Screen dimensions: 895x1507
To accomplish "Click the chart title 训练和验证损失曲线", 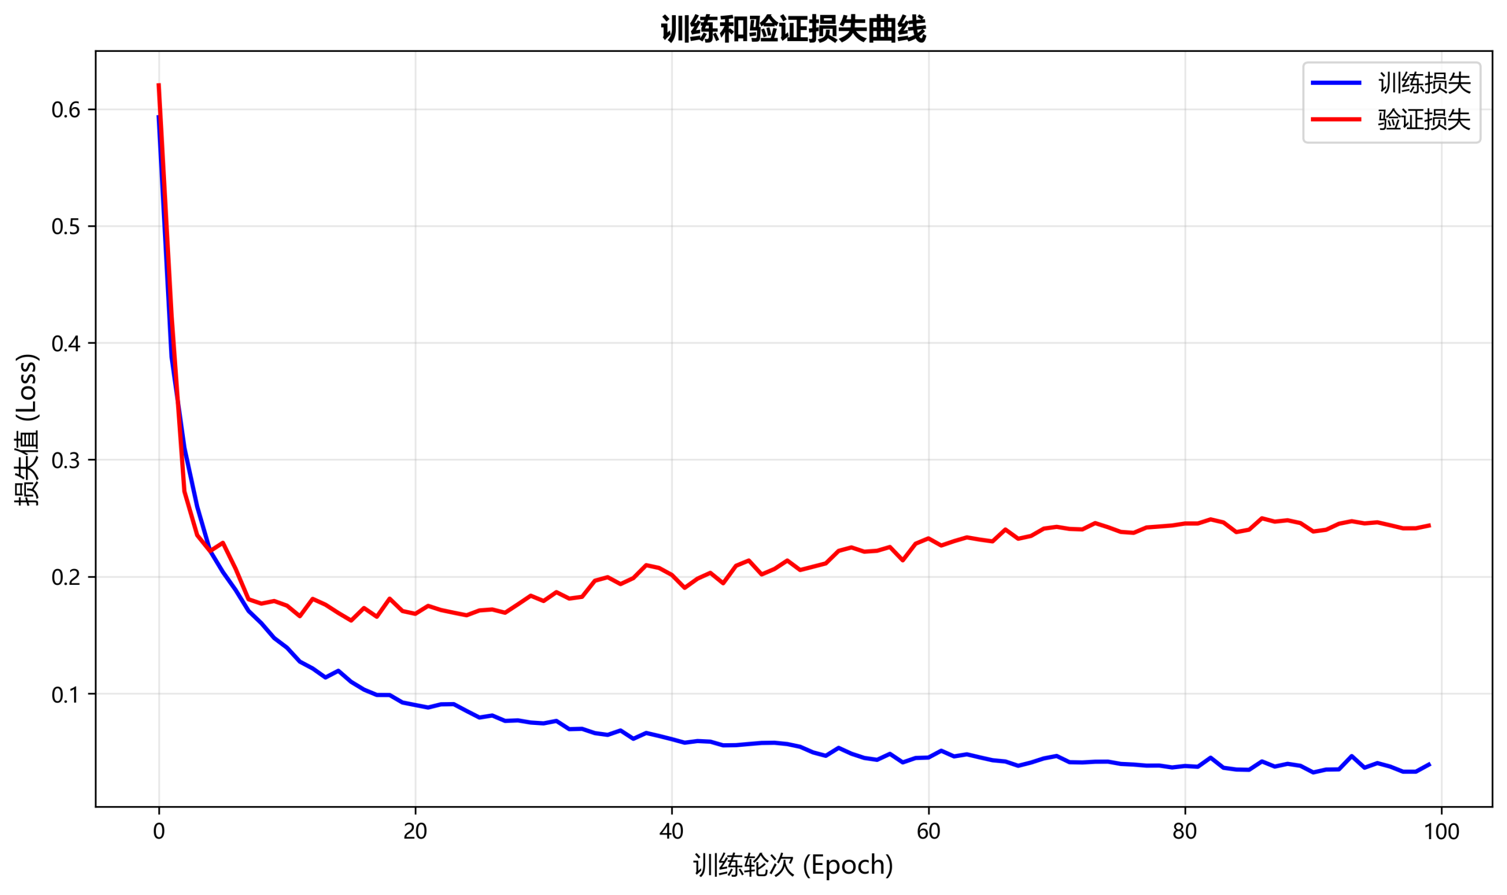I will pyautogui.click(x=793, y=28).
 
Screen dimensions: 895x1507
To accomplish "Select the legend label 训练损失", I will pyautogui.click(x=1424, y=83).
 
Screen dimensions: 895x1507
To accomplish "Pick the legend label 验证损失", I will pyautogui.click(x=1424, y=119).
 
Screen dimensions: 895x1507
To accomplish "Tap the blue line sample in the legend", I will pyautogui.click(x=1336, y=83).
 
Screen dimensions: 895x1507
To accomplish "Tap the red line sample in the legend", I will pyautogui.click(x=1336, y=119).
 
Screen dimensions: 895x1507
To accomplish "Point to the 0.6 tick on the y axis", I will pyautogui.click(x=66, y=110).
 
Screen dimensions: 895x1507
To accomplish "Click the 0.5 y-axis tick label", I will pyautogui.click(x=66, y=227).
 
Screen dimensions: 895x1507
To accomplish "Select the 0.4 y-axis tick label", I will pyautogui.click(x=66, y=344).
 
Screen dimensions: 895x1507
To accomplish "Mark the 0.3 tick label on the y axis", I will pyautogui.click(x=66, y=461).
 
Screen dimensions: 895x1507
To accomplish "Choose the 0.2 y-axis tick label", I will pyautogui.click(x=66, y=578).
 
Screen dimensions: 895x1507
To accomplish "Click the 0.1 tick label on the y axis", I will pyautogui.click(x=66, y=695).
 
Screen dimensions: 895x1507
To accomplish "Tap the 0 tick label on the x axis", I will pyautogui.click(x=159, y=831).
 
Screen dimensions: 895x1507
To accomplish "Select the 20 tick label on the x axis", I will pyautogui.click(x=415, y=831).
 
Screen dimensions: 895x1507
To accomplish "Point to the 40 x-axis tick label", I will pyautogui.click(x=672, y=831).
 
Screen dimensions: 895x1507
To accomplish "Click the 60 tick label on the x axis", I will pyautogui.click(x=928, y=831).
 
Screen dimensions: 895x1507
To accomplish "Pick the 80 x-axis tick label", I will pyautogui.click(x=1185, y=831).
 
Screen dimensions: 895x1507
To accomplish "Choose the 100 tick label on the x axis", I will pyautogui.click(x=1441, y=831).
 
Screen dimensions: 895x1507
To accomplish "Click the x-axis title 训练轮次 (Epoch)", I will pyautogui.click(x=793, y=866).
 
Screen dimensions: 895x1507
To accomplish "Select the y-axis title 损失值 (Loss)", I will pyautogui.click(x=28, y=430).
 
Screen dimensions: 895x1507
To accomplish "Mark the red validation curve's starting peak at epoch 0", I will pyautogui.click(x=159, y=85).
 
